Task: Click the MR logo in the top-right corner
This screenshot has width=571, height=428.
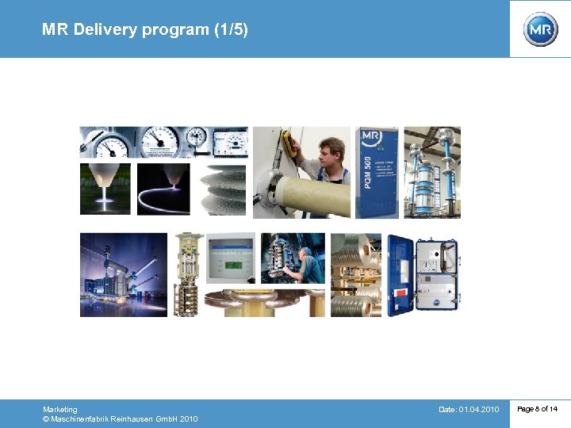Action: click(x=540, y=29)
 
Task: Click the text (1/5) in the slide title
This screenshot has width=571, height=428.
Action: click(x=231, y=30)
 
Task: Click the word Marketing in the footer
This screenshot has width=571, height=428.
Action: click(x=60, y=409)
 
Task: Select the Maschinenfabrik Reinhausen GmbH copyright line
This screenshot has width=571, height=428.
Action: click(x=121, y=419)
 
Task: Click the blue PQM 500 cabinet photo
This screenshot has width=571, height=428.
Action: click(x=377, y=172)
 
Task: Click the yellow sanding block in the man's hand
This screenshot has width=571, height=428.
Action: click(x=288, y=144)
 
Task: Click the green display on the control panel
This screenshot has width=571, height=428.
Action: click(x=231, y=266)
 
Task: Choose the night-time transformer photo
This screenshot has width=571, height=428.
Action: click(x=124, y=274)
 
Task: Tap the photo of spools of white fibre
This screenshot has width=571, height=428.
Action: click(x=355, y=274)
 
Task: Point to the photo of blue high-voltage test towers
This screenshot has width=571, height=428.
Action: click(x=432, y=172)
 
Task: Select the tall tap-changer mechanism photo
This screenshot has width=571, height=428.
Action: click(x=189, y=274)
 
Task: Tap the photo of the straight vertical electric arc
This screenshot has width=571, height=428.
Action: click(x=105, y=189)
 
